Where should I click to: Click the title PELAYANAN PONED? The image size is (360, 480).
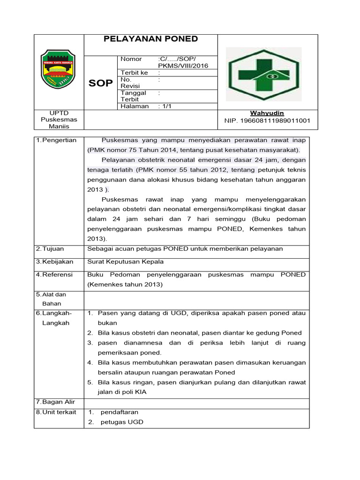(x=150, y=39)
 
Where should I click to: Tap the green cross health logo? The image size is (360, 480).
(x=263, y=74)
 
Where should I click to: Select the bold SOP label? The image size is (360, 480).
(x=101, y=83)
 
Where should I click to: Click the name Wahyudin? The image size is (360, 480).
(x=267, y=113)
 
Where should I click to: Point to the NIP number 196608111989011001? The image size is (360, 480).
(x=267, y=121)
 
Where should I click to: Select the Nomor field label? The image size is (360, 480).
(x=131, y=59)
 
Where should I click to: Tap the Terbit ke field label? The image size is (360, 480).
(x=134, y=73)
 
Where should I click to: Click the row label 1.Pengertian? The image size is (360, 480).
(x=56, y=140)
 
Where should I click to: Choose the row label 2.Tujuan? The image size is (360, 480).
(x=50, y=249)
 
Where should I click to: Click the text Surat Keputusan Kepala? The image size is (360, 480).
(x=126, y=262)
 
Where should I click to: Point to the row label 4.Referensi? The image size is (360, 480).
(x=54, y=275)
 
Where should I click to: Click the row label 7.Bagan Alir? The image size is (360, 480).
(x=55, y=402)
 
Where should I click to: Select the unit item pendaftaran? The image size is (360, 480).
(x=119, y=412)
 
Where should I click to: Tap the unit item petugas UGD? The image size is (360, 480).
(x=122, y=422)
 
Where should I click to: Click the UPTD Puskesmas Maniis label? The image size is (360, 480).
(x=59, y=120)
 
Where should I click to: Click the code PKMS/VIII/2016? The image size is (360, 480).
(x=183, y=66)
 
